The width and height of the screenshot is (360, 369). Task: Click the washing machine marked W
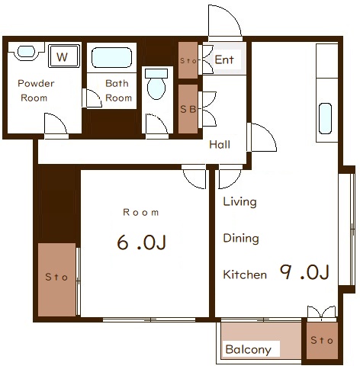pyautogui.click(x=64, y=56)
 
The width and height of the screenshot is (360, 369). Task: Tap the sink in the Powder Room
pyautogui.click(x=26, y=52)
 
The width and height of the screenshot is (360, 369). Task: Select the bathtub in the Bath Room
pyautogui.click(x=111, y=57)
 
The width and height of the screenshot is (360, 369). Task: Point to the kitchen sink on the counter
pyautogui.click(x=325, y=118)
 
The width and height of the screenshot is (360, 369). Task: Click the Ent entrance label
pyautogui.click(x=224, y=60)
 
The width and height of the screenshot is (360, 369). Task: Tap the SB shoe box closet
pyautogui.click(x=188, y=109)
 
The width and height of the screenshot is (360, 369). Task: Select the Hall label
pyautogui.click(x=220, y=145)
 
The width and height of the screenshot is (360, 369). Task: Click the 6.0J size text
pyautogui.click(x=141, y=242)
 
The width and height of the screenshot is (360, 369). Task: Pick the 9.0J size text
pyautogui.click(x=304, y=272)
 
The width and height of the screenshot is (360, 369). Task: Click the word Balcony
pyautogui.click(x=248, y=350)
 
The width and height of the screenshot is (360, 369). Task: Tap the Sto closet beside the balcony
pyautogui.click(x=322, y=340)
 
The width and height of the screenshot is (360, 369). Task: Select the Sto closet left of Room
pyautogui.click(x=56, y=280)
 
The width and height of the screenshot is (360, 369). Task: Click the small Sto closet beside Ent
pyautogui.click(x=188, y=60)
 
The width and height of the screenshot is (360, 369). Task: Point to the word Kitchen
pyautogui.click(x=245, y=274)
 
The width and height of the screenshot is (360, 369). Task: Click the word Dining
pyautogui.click(x=241, y=239)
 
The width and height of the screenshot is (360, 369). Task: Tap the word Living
pyautogui.click(x=239, y=202)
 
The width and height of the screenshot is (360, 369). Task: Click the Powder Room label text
pyautogui.click(x=36, y=91)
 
